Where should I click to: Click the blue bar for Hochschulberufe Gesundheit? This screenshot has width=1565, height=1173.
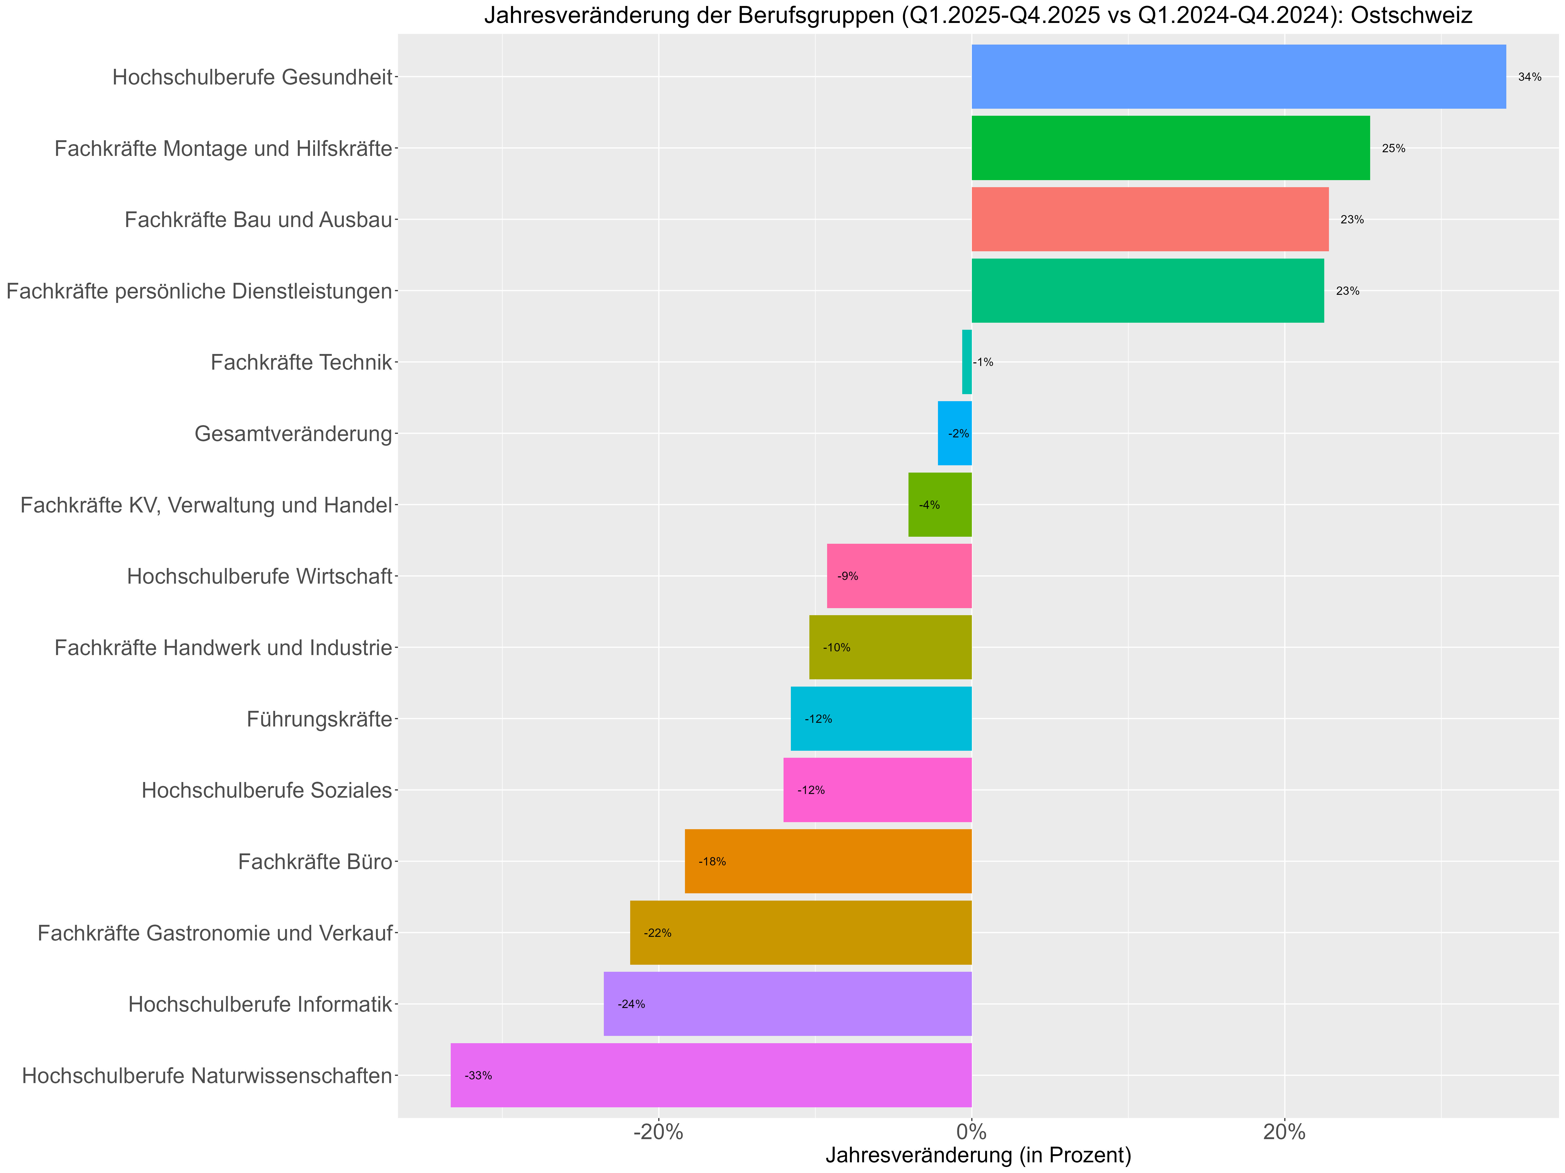click(x=1238, y=76)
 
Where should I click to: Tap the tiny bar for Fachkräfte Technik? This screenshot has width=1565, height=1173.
click(x=966, y=362)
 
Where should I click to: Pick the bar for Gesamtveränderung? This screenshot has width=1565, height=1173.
click(x=954, y=433)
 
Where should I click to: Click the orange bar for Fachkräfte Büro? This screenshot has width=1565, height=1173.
click(x=828, y=861)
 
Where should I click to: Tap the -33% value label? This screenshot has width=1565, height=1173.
click(x=478, y=1076)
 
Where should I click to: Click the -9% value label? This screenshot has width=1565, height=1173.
click(x=848, y=576)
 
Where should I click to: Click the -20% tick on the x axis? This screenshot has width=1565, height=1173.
click(x=658, y=1132)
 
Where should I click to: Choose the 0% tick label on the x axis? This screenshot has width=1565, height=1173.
click(x=971, y=1132)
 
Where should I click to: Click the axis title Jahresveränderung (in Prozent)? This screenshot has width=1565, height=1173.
click(x=978, y=1155)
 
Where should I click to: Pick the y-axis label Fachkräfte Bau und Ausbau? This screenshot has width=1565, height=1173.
click(x=258, y=220)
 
